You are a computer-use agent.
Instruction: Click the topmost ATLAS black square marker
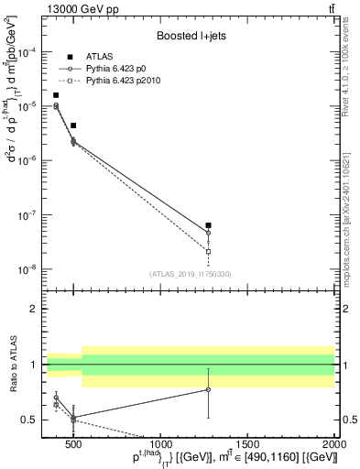tap(56, 95)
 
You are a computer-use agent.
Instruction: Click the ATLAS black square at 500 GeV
tap(73, 125)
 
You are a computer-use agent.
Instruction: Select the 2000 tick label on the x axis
tap(333, 442)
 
